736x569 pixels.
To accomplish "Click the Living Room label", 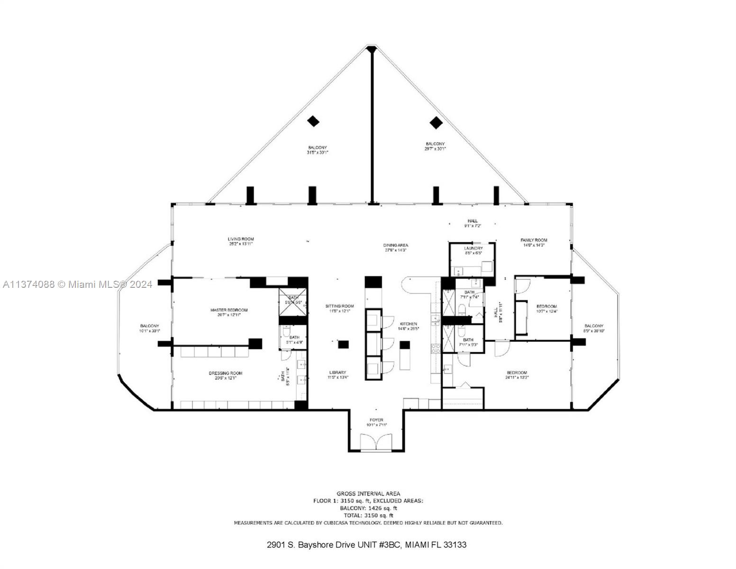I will click(x=241, y=241).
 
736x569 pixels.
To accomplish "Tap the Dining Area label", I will click(x=395, y=247).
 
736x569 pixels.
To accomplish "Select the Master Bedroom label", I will click(x=229, y=312).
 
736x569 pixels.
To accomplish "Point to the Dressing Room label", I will click(x=226, y=375).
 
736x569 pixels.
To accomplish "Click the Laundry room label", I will click(x=473, y=250).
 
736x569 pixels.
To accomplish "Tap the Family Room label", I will click(x=534, y=242).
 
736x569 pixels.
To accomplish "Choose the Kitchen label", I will click(x=408, y=326).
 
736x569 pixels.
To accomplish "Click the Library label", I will click(x=337, y=375).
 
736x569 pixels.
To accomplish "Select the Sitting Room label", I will click(x=339, y=308).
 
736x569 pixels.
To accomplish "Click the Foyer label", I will click(x=376, y=422).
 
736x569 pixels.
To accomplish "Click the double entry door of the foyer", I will click(x=377, y=442).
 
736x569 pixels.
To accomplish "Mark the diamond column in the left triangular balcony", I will click(x=313, y=121).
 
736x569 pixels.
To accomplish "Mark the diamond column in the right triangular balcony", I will click(x=436, y=123).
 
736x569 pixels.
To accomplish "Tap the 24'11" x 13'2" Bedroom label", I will click(x=517, y=375).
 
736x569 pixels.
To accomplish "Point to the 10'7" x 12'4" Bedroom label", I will click(x=546, y=309).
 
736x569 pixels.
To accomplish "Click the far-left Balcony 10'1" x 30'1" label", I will click(x=149, y=328).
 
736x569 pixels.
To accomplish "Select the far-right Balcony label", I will click(x=594, y=328).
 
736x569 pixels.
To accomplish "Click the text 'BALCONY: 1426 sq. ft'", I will click(x=368, y=508).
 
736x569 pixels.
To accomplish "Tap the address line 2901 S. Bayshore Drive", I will click(x=366, y=545).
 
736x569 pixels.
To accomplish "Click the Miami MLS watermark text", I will click(x=77, y=284).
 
